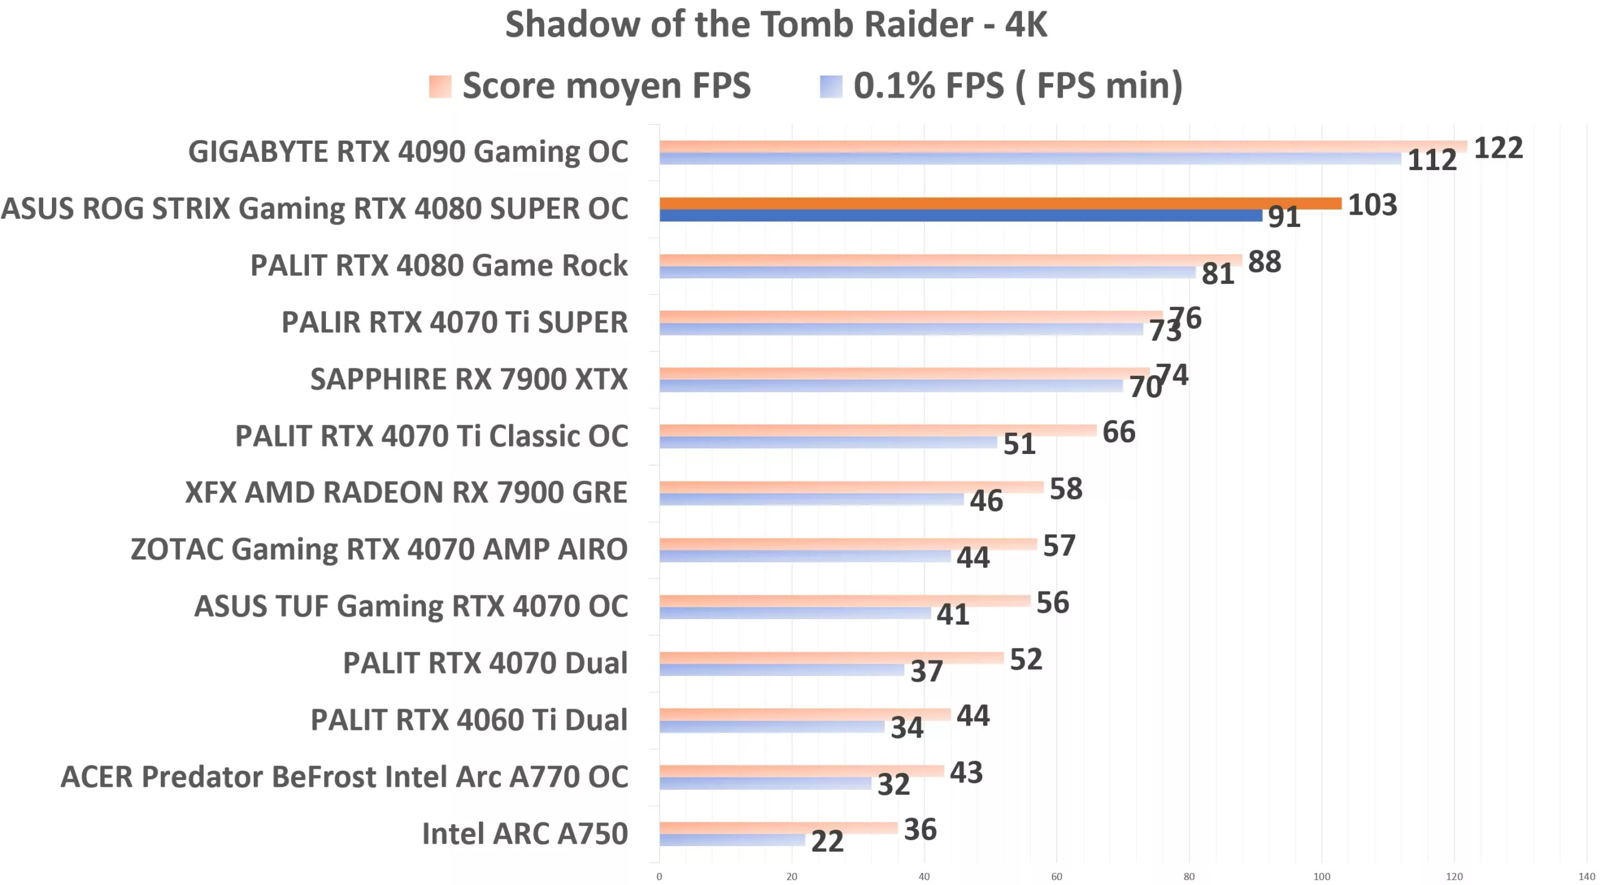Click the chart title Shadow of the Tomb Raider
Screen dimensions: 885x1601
coord(775,25)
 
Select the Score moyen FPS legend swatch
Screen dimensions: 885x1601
coord(440,86)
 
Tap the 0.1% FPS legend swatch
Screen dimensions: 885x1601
coord(831,86)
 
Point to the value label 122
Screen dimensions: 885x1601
coord(1498,148)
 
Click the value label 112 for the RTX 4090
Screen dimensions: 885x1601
coord(1432,161)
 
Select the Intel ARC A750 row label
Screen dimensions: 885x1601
coord(525,834)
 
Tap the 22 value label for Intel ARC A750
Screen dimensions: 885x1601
coord(827,842)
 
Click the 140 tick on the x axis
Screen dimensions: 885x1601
coord(1587,877)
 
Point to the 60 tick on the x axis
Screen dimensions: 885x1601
coord(1056,877)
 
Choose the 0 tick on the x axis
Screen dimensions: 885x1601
coord(659,877)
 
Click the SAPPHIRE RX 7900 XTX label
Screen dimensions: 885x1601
coord(468,379)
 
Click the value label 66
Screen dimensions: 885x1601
coord(1118,432)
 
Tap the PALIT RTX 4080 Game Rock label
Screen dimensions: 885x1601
coord(438,265)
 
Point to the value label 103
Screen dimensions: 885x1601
coord(1372,205)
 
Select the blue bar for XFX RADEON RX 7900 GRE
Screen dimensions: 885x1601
coord(811,499)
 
